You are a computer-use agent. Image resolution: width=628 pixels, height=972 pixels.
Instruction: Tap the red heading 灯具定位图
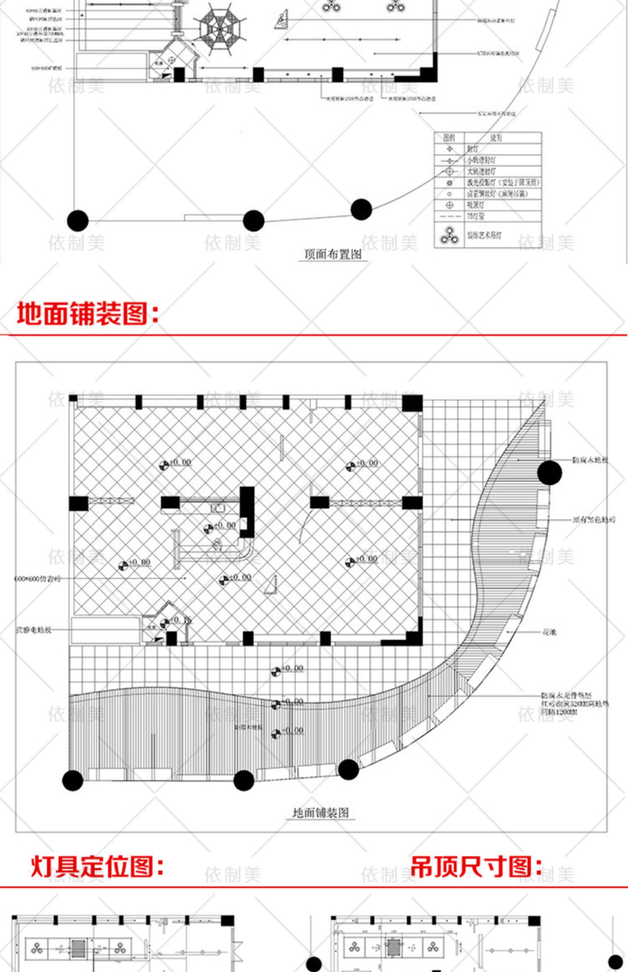pyautogui.click(x=97, y=867)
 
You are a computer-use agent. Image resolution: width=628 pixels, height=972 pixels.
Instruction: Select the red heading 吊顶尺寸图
pyautogui.click(x=476, y=867)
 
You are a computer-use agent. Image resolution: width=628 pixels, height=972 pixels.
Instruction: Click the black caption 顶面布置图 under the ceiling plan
pyautogui.click(x=333, y=254)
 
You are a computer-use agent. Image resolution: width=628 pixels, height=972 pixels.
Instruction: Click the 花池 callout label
pyautogui.click(x=549, y=632)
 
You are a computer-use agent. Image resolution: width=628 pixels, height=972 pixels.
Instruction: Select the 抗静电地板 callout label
pyautogui.click(x=34, y=630)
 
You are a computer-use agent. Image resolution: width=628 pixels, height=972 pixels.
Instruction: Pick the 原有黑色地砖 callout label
pyautogui.click(x=594, y=520)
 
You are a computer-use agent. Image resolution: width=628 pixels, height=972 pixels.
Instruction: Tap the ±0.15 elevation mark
pyautogui.click(x=180, y=620)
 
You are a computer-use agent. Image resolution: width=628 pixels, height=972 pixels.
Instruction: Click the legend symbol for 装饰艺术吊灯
pyautogui.click(x=449, y=235)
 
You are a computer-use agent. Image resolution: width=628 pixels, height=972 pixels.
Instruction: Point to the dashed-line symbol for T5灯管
pyautogui.click(x=449, y=216)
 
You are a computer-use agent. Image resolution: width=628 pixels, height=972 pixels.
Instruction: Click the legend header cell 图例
pyautogui.click(x=449, y=137)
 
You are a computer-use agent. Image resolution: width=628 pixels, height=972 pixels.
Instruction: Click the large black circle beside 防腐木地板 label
pyautogui.click(x=549, y=472)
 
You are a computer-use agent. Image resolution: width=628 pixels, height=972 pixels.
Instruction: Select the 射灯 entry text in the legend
pyautogui.click(x=473, y=149)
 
